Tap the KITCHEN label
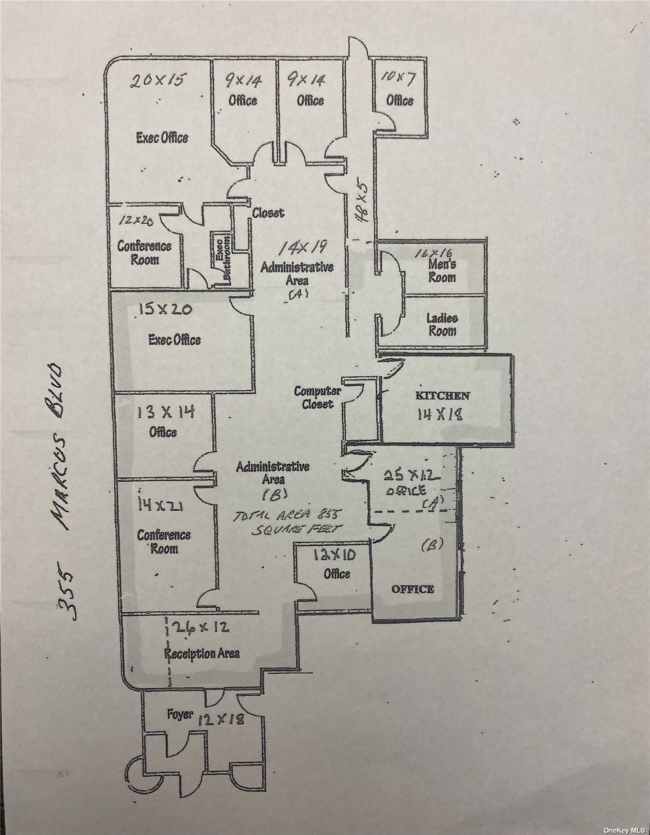442,396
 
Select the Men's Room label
442,271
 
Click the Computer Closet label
317,397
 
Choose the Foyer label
179,714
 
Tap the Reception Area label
202,653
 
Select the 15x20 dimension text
165,309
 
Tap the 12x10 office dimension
335,555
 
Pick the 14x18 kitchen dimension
440,414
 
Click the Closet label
267,213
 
